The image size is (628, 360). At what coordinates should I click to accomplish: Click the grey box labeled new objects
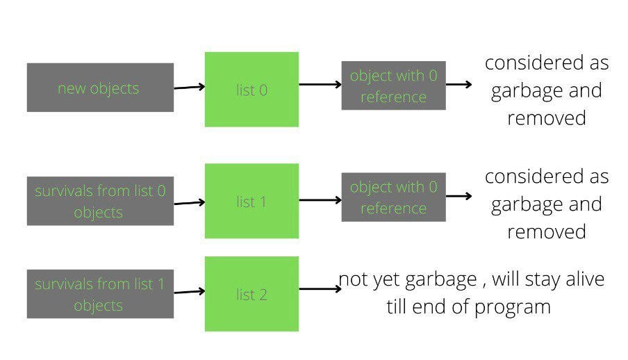click(x=100, y=88)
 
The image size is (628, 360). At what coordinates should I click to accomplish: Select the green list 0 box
click(x=251, y=90)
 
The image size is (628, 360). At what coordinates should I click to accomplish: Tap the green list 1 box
click(x=251, y=202)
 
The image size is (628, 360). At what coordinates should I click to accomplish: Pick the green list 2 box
click(x=251, y=294)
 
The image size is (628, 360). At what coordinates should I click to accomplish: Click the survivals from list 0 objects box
click(x=100, y=201)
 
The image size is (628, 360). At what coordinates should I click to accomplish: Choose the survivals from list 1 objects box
click(x=100, y=294)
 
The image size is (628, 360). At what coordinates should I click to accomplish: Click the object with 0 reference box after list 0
click(x=393, y=85)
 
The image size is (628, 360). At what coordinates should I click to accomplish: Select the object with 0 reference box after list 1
click(x=393, y=197)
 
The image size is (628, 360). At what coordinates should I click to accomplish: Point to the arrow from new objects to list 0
click(x=189, y=88)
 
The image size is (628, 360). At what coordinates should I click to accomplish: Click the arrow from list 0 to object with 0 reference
click(x=320, y=85)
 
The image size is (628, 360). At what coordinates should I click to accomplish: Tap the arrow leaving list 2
click(x=320, y=289)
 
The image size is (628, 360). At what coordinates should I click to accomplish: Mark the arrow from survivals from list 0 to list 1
click(x=189, y=203)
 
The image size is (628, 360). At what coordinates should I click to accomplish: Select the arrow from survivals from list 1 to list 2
click(x=189, y=292)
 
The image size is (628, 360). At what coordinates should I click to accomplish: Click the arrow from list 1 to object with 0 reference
click(x=320, y=200)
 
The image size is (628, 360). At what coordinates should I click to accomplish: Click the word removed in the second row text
click(x=547, y=231)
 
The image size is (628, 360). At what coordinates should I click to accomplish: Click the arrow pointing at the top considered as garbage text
click(x=459, y=85)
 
